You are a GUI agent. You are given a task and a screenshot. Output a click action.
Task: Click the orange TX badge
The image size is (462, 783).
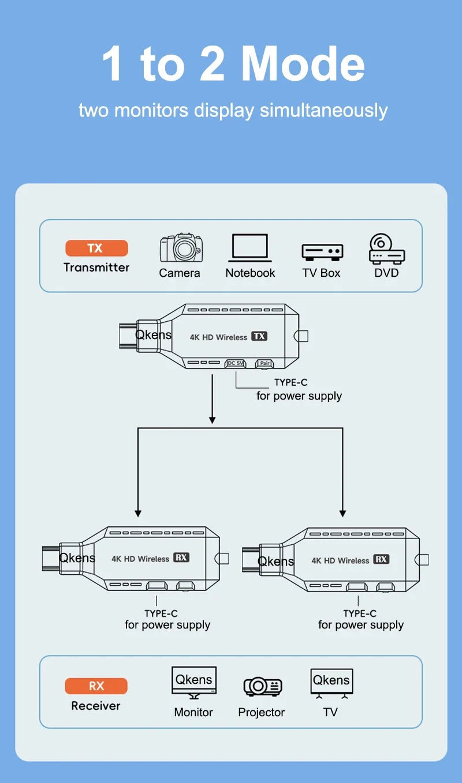point(96,248)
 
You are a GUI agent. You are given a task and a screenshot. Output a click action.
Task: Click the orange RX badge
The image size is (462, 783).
point(96,686)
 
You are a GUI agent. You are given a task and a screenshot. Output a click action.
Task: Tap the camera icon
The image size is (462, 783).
point(181,248)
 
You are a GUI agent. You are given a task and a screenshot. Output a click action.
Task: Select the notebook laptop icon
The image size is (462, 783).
point(250,248)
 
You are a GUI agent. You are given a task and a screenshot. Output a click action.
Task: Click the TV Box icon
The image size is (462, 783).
point(322,252)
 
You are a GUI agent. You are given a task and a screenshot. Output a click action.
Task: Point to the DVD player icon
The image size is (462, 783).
point(386,249)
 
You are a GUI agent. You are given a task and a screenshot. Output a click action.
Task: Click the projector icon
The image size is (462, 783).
point(262,686)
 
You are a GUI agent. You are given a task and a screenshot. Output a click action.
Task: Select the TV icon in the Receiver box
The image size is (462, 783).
point(331,683)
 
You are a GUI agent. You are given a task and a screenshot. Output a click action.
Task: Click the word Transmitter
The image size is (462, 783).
point(96,267)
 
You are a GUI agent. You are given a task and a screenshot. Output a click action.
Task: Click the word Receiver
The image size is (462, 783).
point(96,706)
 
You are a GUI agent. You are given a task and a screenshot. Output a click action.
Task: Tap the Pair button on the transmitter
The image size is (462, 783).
point(265,363)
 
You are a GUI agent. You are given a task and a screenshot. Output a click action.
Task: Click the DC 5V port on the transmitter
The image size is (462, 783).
point(235,363)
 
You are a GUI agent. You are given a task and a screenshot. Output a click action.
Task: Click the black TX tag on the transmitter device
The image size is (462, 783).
point(259,336)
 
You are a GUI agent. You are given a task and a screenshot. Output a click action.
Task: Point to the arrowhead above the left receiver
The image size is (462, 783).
point(137,512)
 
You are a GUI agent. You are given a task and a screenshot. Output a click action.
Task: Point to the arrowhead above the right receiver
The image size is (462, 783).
point(342,512)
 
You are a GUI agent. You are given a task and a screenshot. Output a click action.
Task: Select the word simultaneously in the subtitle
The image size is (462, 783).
point(323,110)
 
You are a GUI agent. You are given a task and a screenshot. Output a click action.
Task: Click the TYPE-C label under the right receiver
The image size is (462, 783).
point(360,613)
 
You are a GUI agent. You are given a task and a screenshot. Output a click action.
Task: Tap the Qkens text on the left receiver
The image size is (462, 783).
point(77,558)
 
